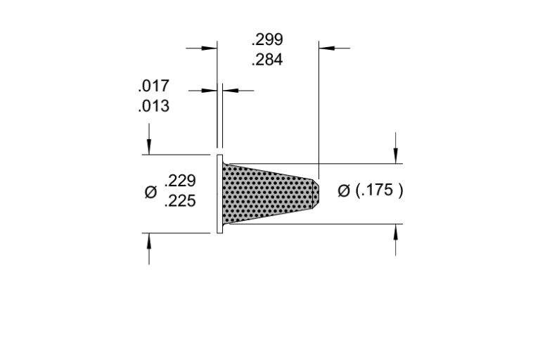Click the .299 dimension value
267,39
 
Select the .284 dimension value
267,60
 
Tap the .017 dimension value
153,86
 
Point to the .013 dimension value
153,106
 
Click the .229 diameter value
180,181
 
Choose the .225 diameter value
180,201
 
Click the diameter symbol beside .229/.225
150,192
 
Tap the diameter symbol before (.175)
344,191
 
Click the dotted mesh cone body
268,193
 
